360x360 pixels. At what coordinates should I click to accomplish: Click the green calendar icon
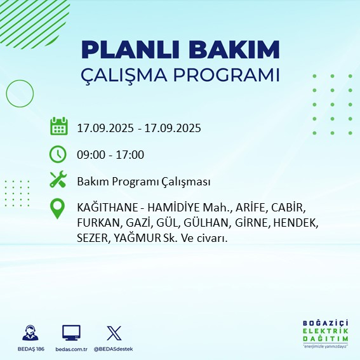(58, 127)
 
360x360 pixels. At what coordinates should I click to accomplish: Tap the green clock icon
(58, 154)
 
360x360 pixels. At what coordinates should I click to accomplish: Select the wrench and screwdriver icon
(58, 181)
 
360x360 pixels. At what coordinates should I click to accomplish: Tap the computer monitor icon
(71, 333)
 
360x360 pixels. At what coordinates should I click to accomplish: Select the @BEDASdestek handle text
(113, 349)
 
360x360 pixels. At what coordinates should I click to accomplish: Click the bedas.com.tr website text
(71, 349)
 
